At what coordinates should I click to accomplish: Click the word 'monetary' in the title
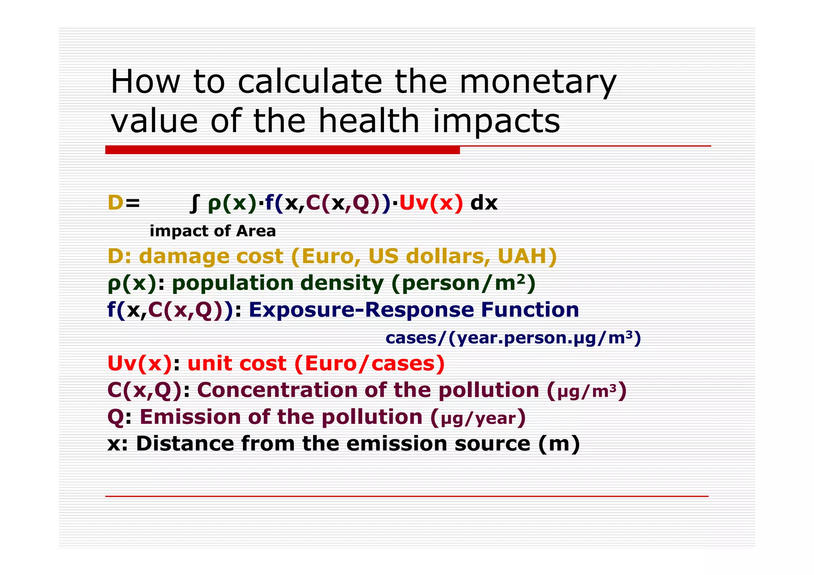537,83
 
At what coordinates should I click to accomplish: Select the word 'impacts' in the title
496,122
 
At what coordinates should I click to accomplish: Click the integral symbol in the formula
194,203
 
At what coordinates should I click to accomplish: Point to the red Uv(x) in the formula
431,203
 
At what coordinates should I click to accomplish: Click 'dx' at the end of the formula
484,203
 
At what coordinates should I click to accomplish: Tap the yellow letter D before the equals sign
115,203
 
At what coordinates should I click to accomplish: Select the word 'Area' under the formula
256,231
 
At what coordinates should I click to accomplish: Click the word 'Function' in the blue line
530,310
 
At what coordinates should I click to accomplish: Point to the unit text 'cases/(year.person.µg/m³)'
513,338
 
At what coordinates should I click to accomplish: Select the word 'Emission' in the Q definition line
190,417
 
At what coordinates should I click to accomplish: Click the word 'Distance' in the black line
185,444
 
